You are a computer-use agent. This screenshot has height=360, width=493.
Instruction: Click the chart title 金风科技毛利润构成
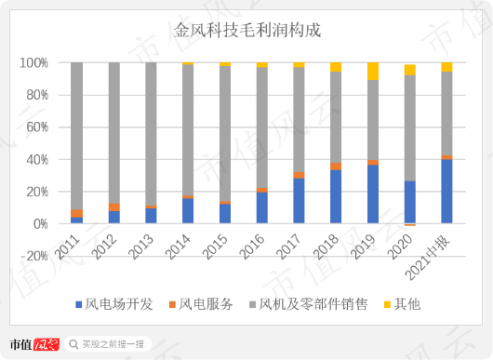pyautogui.click(x=247, y=31)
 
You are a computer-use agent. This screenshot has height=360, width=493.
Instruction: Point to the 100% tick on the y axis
pyautogui.click(x=33, y=62)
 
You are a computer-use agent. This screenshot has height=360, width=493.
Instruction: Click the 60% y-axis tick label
pyautogui.click(x=36, y=127)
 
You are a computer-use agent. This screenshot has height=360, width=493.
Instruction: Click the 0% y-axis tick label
pyautogui.click(x=39, y=224)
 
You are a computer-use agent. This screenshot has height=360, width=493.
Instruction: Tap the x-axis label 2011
pyautogui.click(x=69, y=244)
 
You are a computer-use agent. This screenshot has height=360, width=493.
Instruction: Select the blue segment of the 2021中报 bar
pyautogui.click(x=446, y=192)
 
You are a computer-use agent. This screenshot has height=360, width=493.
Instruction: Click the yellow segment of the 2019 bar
pyautogui.click(x=372, y=71)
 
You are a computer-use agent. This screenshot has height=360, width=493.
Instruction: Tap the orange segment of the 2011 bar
pyautogui.click(x=76, y=213)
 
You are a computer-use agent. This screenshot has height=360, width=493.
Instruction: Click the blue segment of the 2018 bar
pyautogui.click(x=336, y=196)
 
